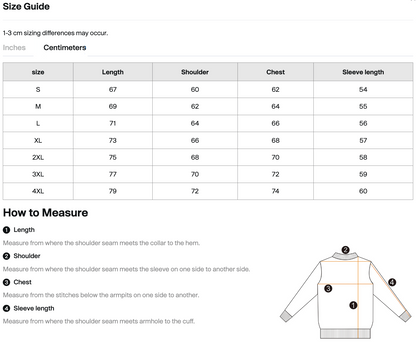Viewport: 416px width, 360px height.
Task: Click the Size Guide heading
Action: click(29, 8)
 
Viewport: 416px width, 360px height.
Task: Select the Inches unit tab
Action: click(15, 47)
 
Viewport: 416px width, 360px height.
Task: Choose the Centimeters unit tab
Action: click(65, 47)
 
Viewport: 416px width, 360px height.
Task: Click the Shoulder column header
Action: click(195, 72)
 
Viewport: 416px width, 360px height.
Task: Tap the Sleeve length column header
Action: click(362, 72)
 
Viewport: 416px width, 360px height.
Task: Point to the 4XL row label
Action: click(38, 191)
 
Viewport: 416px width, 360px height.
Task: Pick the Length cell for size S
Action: click(113, 89)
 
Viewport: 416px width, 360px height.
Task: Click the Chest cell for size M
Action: click(275, 106)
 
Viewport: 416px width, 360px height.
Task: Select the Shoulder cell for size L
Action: click(195, 123)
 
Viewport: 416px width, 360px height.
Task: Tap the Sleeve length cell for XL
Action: click(362, 140)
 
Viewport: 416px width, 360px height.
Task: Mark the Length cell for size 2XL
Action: click(113, 157)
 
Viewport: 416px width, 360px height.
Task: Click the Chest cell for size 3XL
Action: click(275, 174)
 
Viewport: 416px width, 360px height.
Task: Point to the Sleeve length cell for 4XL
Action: click(362, 191)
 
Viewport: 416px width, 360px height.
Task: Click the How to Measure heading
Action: click(45, 213)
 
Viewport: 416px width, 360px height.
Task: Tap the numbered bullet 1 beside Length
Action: click(7, 230)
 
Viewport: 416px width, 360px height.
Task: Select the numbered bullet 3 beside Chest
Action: click(7, 282)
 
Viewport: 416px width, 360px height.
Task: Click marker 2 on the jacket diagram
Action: click(345, 251)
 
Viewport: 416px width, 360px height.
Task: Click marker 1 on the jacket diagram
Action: click(353, 309)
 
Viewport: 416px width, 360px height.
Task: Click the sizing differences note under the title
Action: click(55, 32)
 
